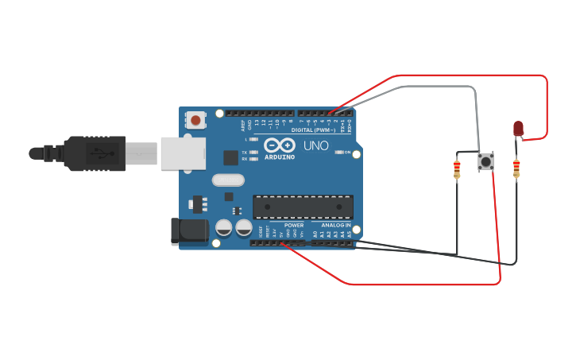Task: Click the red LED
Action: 518,128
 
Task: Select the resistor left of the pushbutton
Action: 457,170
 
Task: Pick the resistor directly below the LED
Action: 516,168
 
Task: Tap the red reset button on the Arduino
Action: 195,120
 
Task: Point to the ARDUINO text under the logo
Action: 279,157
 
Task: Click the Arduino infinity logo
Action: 279,145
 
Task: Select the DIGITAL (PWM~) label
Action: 313,130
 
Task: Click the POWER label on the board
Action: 293,226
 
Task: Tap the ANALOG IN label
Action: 336,226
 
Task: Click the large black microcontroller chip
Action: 303,207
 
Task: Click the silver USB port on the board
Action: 184,153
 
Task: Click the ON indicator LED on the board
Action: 339,152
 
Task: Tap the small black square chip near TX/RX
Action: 230,157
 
